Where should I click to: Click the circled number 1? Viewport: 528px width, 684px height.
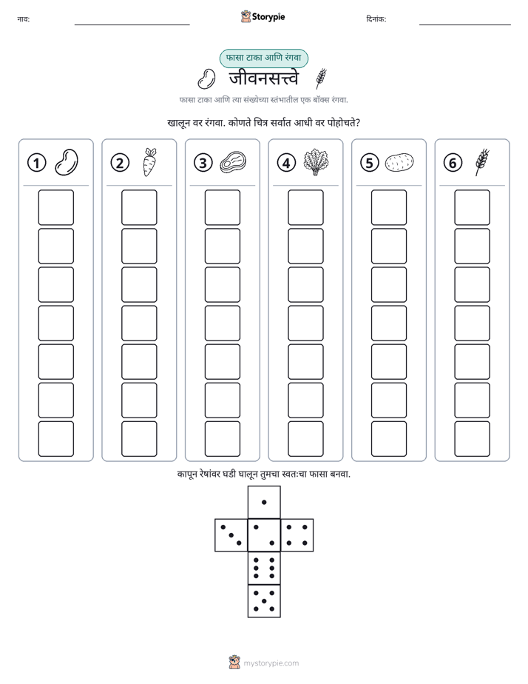pyautogui.click(x=36, y=163)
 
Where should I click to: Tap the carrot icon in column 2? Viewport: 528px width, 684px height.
pyautogui.click(x=149, y=162)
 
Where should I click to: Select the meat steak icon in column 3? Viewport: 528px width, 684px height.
pyautogui.click(x=233, y=162)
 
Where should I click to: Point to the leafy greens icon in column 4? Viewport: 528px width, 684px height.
pyautogui.click(x=316, y=162)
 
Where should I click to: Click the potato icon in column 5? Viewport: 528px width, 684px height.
pyautogui.click(x=399, y=162)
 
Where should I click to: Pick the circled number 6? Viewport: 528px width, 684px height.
pyautogui.click(x=453, y=163)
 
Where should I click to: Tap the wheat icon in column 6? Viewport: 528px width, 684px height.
pyautogui.click(x=482, y=162)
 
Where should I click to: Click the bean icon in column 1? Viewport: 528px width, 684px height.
pyautogui.click(x=67, y=162)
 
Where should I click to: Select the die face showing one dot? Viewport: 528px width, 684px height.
pyautogui.click(x=264, y=503)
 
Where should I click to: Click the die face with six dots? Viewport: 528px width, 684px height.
pyautogui.click(x=264, y=568)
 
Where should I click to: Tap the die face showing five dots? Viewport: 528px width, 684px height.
pyautogui.click(x=264, y=601)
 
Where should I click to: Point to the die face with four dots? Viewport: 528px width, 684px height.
pyautogui.click(x=297, y=535)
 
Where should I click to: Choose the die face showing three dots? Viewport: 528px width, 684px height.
pyautogui.click(x=231, y=535)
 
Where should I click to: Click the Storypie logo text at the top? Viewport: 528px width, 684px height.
pyautogui.click(x=268, y=17)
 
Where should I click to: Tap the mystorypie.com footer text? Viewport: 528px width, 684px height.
pyautogui.click(x=271, y=663)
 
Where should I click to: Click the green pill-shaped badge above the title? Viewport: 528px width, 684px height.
pyautogui.click(x=263, y=58)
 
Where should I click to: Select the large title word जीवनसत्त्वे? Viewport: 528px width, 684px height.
pyautogui.click(x=264, y=79)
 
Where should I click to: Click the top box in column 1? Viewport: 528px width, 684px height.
pyautogui.click(x=55, y=207)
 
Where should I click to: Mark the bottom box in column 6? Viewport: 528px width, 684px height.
pyautogui.click(x=473, y=439)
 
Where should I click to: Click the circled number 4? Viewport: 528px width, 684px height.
pyautogui.click(x=286, y=163)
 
